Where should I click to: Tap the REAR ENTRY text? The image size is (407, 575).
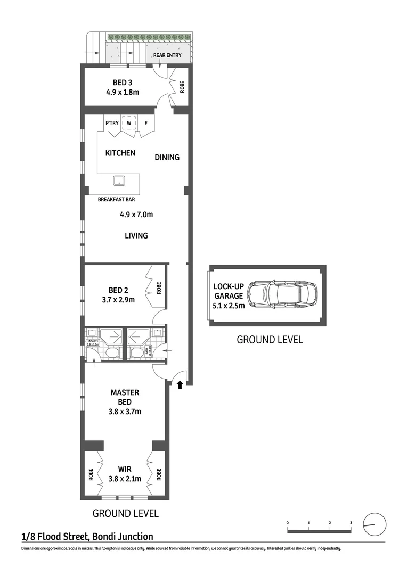pyautogui.click(x=167, y=55)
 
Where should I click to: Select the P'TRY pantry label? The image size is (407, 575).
pyautogui.click(x=112, y=124)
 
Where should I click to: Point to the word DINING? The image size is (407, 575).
pyautogui.click(x=167, y=157)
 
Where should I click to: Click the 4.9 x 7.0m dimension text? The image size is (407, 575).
pyautogui.click(x=136, y=215)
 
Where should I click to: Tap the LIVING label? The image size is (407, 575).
pyautogui.click(x=136, y=235)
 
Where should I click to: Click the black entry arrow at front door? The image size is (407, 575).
pyautogui.click(x=180, y=384)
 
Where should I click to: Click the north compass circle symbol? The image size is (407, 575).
pyautogui.click(x=374, y=524)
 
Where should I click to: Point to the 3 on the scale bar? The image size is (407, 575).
pyautogui.click(x=351, y=523)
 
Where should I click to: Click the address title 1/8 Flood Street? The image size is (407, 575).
pyautogui.click(x=87, y=537)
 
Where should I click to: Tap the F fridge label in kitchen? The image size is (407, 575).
pyautogui.click(x=145, y=124)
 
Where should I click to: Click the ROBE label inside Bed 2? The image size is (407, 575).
pyautogui.click(x=158, y=289)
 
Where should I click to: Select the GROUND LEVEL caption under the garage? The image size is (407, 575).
pyautogui.click(x=270, y=340)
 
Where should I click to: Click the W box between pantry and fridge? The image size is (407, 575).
pyautogui.click(x=129, y=124)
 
